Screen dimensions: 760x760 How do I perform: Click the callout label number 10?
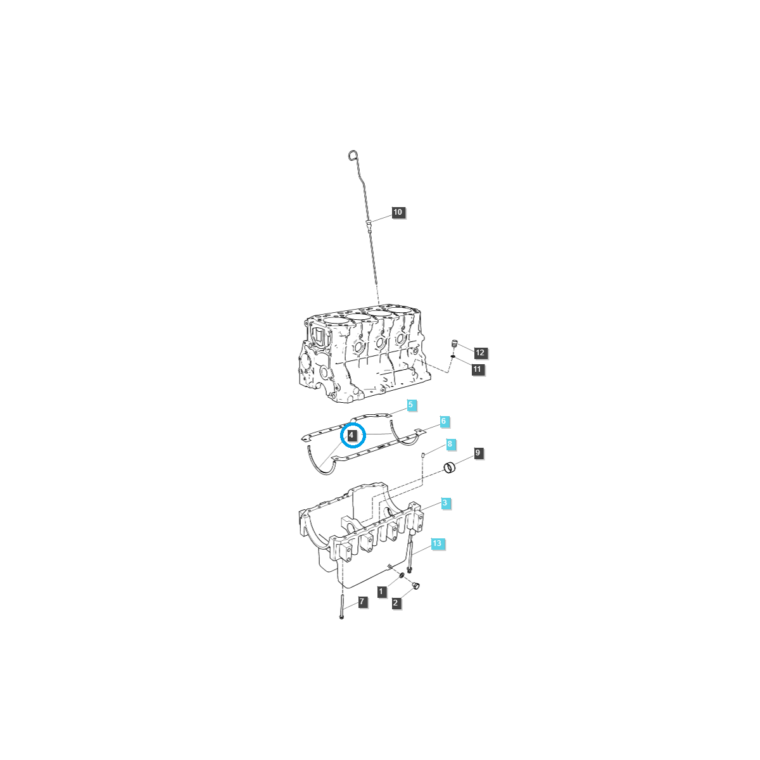coord(398,212)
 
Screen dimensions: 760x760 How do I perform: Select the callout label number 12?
coord(479,353)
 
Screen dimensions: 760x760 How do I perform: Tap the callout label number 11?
coord(478,369)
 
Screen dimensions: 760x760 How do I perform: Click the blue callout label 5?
coord(410,405)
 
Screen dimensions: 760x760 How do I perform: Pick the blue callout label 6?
coord(444,421)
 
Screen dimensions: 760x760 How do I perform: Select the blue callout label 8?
coord(450,445)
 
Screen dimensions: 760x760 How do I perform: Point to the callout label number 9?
coord(478,453)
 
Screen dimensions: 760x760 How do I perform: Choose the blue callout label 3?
coord(446,503)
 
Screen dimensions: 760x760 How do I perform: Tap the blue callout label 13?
coord(437,543)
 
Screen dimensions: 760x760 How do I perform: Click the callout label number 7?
coord(362,602)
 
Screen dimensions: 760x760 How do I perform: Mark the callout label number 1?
coord(381,592)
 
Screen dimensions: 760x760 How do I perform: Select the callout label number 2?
coord(396,603)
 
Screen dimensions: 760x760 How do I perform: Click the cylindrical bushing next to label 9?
coord(450,469)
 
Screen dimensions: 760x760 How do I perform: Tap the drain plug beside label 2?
coord(416,586)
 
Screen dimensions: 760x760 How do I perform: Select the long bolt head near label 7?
coord(341,616)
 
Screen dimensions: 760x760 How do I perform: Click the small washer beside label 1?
coord(402,575)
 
